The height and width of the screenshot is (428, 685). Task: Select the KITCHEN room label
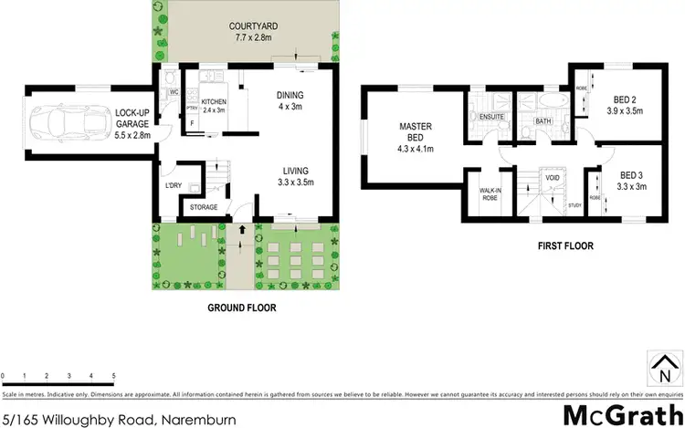pyautogui.click(x=213, y=101)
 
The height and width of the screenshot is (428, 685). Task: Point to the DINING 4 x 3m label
pyautogui.click(x=290, y=100)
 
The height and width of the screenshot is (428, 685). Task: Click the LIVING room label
pyautogui.click(x=295, y=175)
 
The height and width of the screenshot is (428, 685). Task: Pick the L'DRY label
pyautogui.click(x=173, y=186)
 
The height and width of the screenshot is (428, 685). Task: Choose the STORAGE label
pyautogui.click(x=203, y=207)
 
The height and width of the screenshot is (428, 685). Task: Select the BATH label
pyautogui.click(x=543, y=120)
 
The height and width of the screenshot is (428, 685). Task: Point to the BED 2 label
pyautogui.click(x=625, y=103)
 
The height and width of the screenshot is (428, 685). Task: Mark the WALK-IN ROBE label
pyautogui.click(x=490, y=193)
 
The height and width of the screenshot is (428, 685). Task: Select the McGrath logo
pyautogui.click(x=620, y=412)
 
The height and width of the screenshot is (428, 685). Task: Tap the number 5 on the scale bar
pyautogui.click(x=112, y=375)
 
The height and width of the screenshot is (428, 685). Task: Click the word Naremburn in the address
pyautogui.click(x=203, y=418)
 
